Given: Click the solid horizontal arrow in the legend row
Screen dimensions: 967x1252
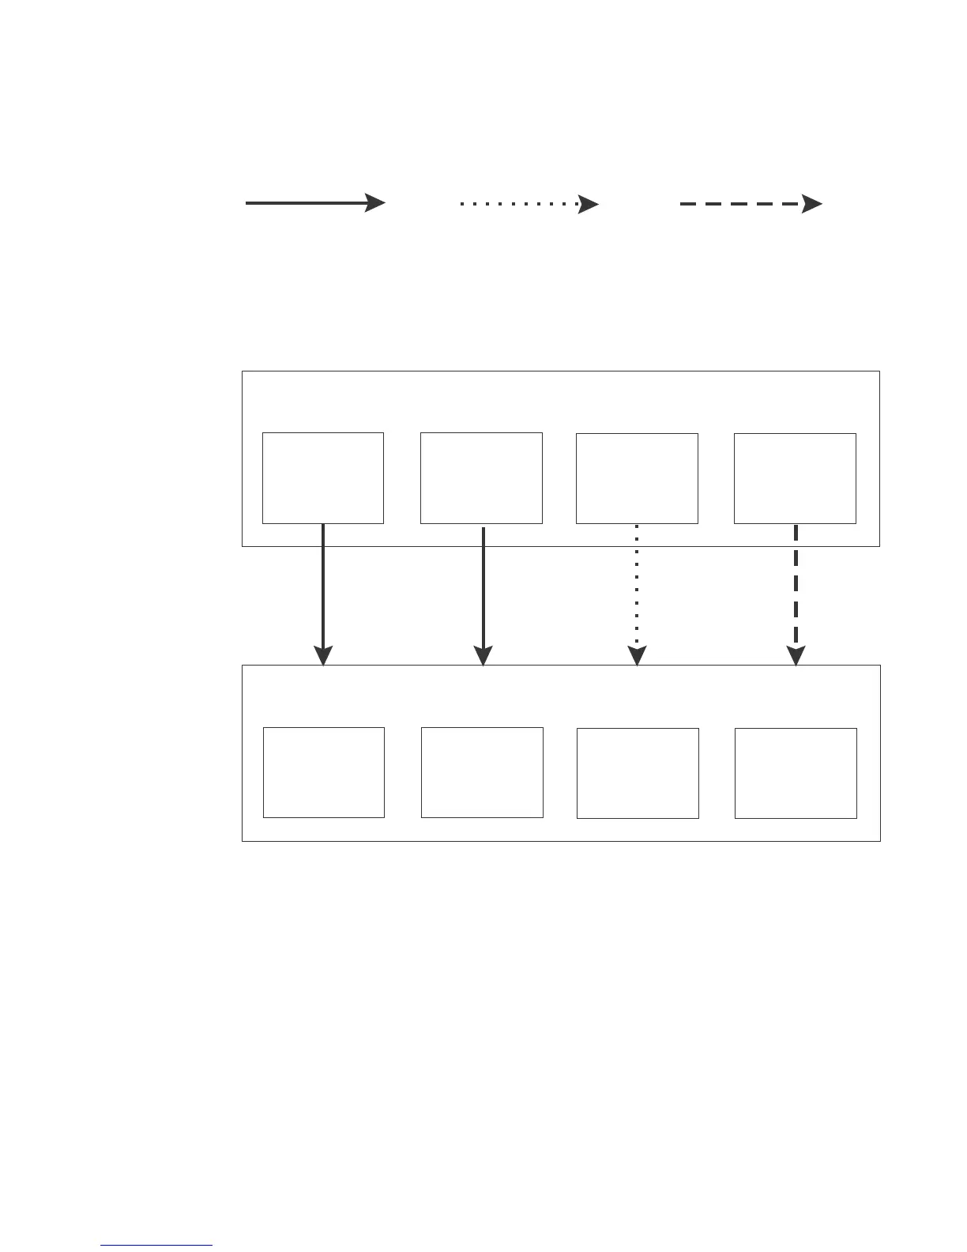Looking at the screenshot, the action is tap(314, 203).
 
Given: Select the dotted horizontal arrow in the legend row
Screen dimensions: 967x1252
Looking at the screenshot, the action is tap(528, 204).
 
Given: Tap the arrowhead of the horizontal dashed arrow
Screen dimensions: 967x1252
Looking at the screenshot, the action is tap(812, 204).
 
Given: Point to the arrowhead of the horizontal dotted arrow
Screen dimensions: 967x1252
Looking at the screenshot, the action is tap(589, 204).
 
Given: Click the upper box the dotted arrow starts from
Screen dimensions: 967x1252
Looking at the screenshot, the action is tap(637, 478).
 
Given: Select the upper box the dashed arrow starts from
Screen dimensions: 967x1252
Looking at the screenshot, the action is tap(795, 478).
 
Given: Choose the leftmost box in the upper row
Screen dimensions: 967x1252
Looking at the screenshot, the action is tap(323, 477).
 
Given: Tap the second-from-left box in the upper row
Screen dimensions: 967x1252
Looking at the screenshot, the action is tap(481, 477).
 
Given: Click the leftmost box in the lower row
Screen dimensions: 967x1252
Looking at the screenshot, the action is tap(324, 772).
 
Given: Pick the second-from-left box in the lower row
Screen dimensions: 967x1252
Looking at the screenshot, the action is tap(482, 772).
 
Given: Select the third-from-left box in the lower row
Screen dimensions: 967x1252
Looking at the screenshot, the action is tap(638, 773).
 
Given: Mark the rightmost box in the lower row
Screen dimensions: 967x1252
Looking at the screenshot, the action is tap(796, 773).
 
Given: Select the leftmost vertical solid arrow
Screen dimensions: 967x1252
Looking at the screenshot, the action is tap(323, 589).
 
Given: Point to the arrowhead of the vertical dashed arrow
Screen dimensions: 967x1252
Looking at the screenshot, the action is tap(796, 656).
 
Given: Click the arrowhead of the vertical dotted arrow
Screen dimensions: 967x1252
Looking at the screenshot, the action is tap(637, 656).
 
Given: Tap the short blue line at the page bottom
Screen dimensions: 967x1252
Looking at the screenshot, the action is tap(156, 1246).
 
